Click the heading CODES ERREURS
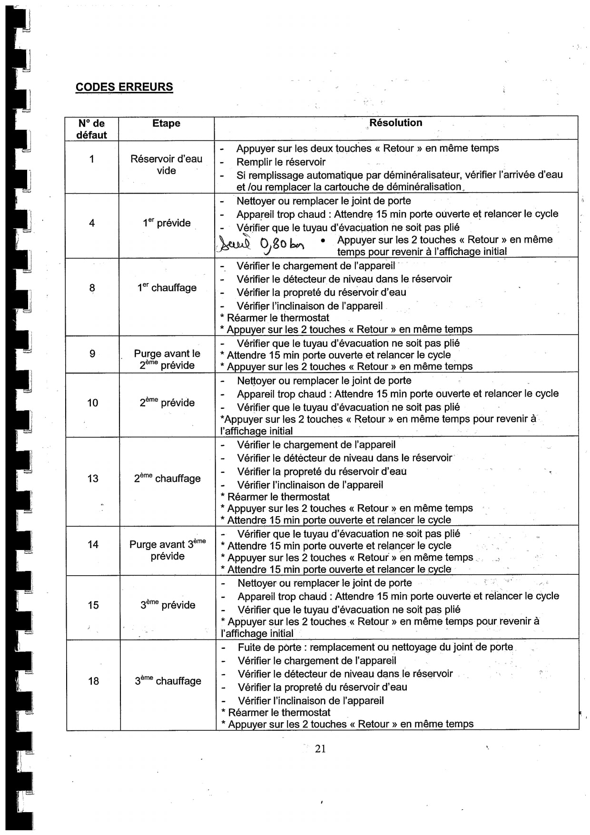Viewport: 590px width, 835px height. pos(124,87)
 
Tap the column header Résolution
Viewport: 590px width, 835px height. pos(395,123)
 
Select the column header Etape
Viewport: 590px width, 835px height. pos(166,123)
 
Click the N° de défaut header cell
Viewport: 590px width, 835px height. pos(92,129)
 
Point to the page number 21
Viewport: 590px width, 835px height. pos(320,748)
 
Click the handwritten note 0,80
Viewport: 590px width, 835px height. pos(274,244)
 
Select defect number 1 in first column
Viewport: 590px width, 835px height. pos(92,159)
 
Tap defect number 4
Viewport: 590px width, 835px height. pos(92,223)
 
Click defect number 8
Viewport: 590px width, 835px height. pos(92,288)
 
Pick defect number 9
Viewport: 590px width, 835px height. pos(92,354)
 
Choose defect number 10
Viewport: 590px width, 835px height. pos(92,403)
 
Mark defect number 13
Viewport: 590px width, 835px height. pos(93,478)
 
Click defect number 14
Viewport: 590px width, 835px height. pos(93,544)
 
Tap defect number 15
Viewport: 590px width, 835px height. pos(93,605)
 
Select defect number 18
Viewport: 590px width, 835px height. pos(93,681)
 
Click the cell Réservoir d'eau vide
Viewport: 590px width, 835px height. pos(166,165)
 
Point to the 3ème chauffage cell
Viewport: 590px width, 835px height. pos(167,681)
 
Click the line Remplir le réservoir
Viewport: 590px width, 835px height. pos(281,162)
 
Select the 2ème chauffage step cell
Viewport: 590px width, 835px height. pos(167,478)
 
